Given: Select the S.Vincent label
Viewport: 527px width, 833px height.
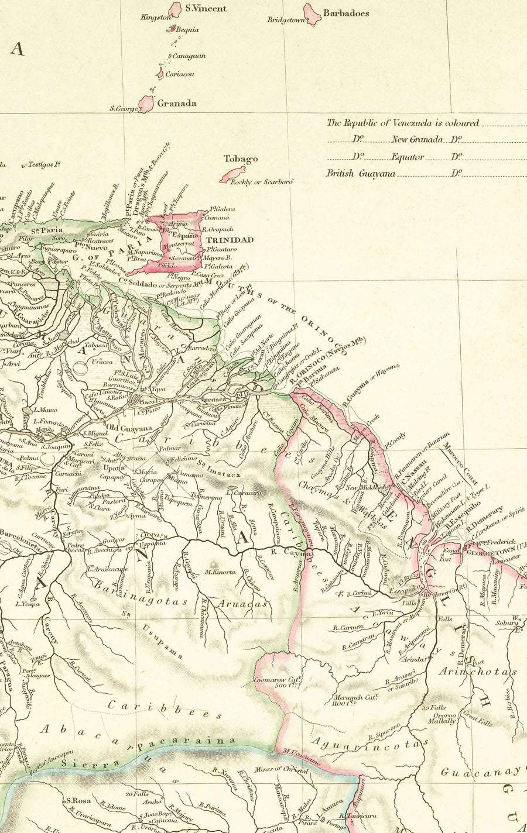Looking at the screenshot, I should click(x=205, y=9).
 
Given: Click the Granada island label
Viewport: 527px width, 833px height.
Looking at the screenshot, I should click(x=176, y=103).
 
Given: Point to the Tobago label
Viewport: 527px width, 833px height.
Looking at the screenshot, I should click(x=240, y=159).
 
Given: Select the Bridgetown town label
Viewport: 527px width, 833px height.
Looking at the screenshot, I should click(x=287, y=20).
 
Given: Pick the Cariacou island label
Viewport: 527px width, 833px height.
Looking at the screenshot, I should click(x=180, y=74).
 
